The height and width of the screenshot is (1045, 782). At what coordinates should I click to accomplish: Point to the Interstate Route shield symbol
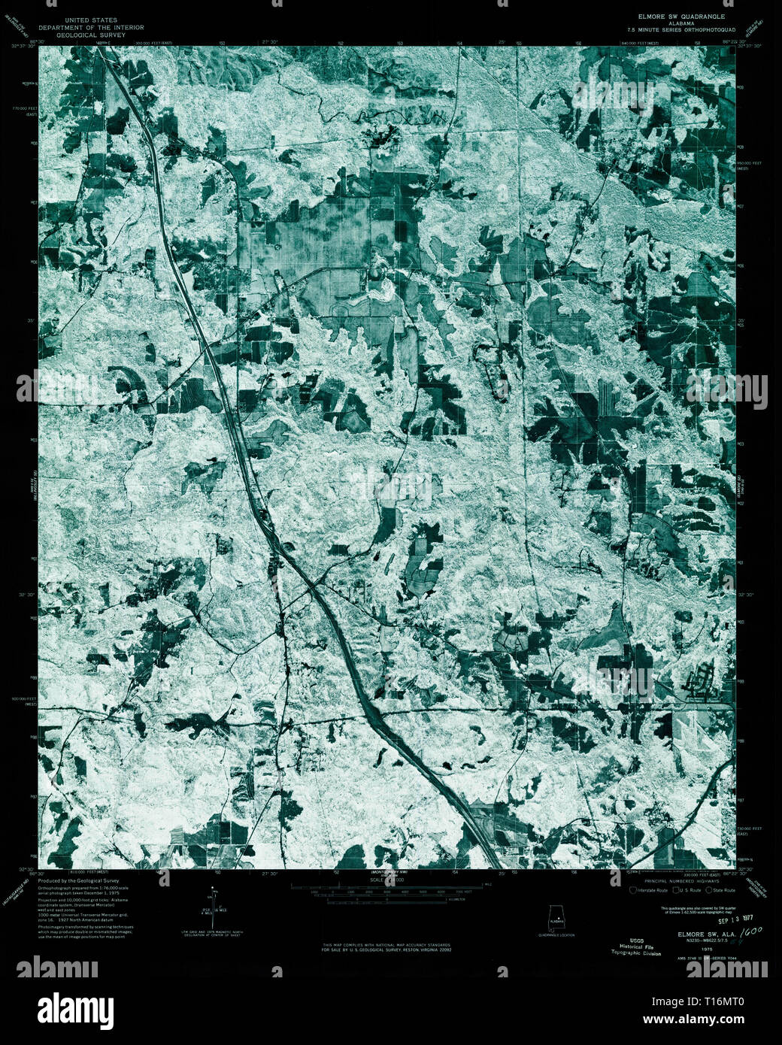point(633,889)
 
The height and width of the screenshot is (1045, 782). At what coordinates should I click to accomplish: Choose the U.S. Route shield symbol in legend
point(676,889)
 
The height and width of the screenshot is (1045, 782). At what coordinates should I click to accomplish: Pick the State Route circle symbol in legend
point(708,889)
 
